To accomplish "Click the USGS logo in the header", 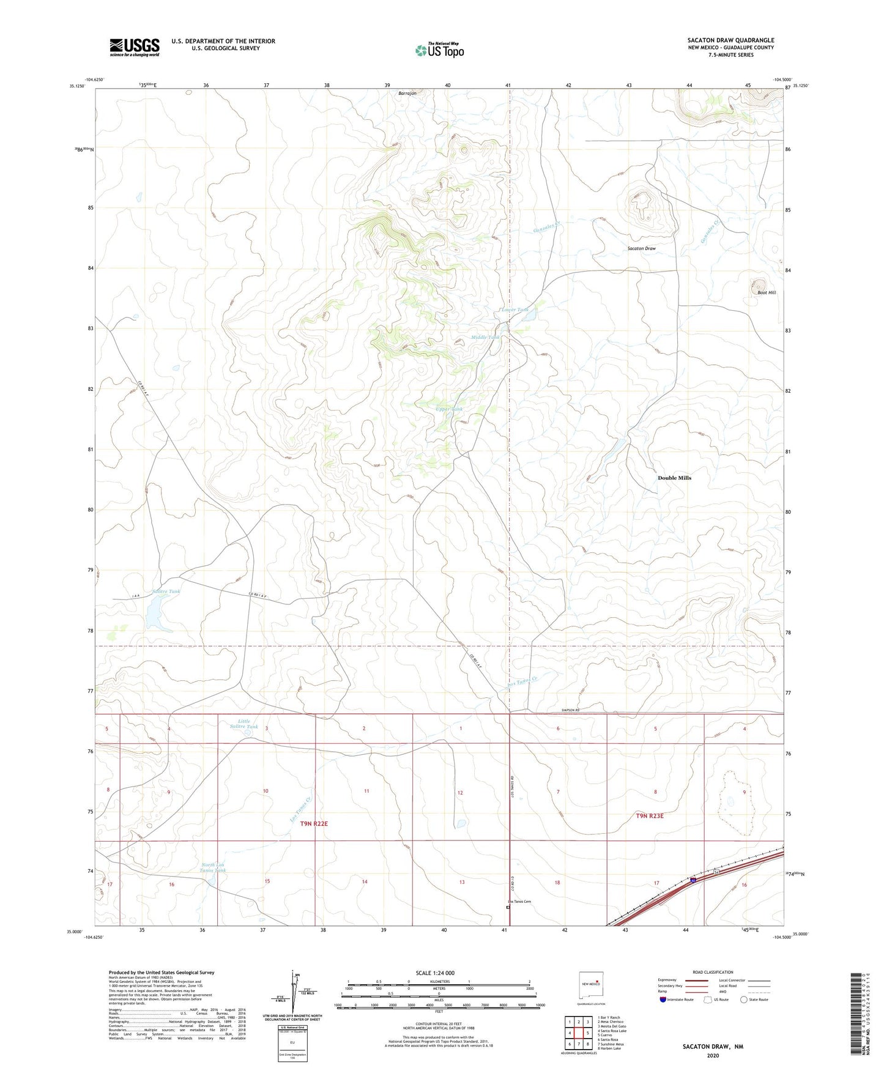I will tap(135, 46).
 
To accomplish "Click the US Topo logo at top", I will tap(439, 50).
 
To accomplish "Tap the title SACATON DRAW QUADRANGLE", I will tap(730, 40).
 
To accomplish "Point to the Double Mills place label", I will tap(674, 478).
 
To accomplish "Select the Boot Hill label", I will tap(766, 293).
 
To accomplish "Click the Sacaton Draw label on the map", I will tap(641, 249).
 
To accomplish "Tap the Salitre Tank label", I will tap(166, 591).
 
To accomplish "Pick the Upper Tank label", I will tap(449, 409).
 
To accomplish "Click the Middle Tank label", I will tap(485, 338).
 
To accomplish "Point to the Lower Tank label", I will tap(515, 310).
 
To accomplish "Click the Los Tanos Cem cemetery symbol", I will tap(508, 908).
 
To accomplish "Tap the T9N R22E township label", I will tap(314, 824).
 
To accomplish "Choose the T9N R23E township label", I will tap(649, 816).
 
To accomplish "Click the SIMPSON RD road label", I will tap(570, 710).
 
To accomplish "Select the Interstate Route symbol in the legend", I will tap(664, 1000).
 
